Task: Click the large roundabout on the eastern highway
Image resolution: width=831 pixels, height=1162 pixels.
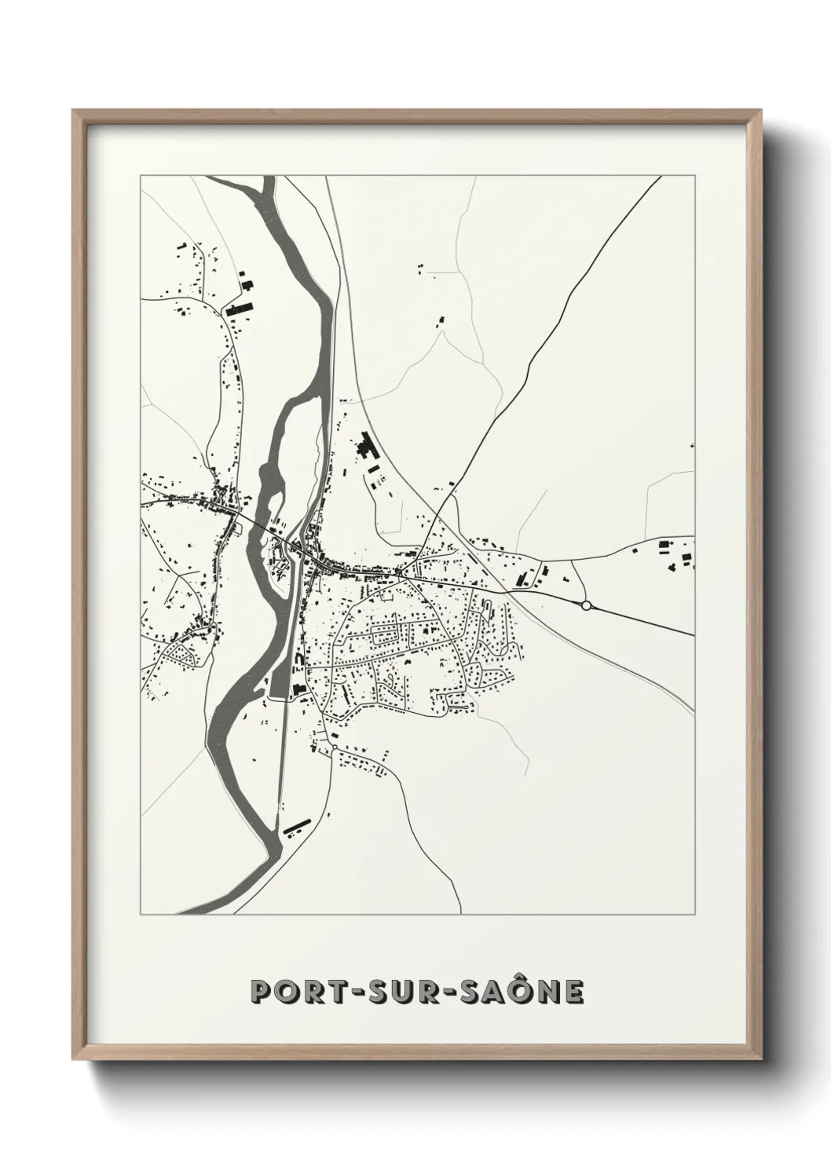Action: (585, 605)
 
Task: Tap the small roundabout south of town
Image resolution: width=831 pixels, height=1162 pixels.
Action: (335, 747)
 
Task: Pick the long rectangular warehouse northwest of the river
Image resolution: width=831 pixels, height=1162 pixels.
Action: (236, 309)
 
